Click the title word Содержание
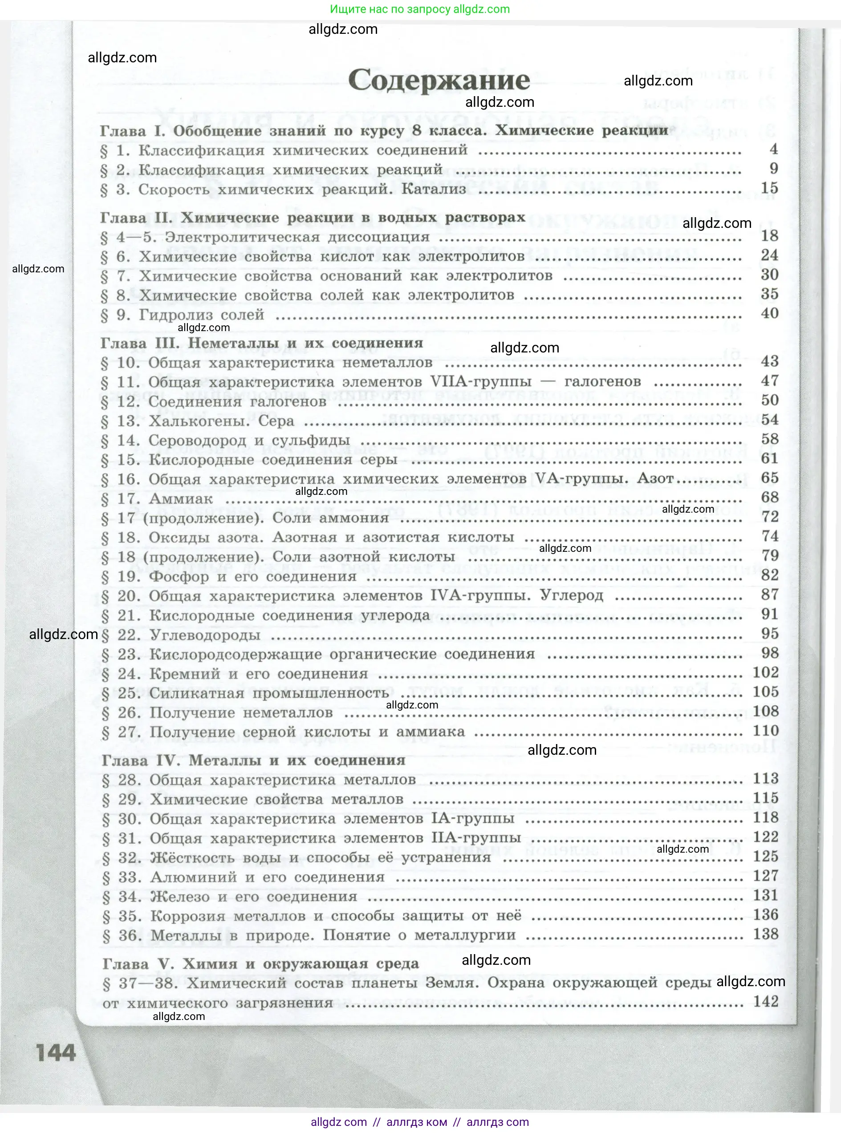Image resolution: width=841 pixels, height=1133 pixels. [x=439, y=81]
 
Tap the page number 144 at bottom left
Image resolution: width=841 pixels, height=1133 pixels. [x=56, y=1052]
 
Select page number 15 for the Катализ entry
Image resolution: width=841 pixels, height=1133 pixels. [x=769, y=188]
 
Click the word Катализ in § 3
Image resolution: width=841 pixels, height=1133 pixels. [x=434, y=189]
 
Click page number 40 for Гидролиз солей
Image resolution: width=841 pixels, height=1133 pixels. [x=769, y=313]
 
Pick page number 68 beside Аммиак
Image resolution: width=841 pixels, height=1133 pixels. [x=770, y=497]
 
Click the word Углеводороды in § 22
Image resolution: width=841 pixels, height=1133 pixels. [x=205, y=635]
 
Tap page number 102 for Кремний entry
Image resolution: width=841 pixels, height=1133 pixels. [x=766, y=672]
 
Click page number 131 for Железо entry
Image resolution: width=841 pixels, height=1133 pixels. [x=766, y=895]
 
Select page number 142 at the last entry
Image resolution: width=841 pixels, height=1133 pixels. [x=766, y=1001]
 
